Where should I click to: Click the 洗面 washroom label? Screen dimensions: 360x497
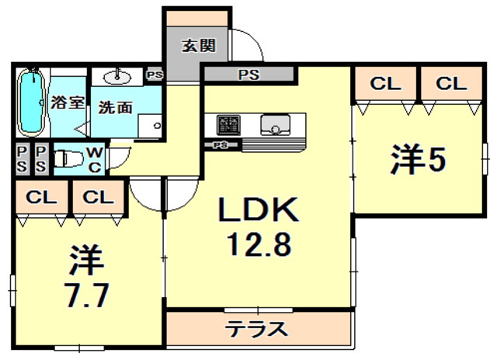(115, 108)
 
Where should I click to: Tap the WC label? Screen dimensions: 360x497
(93, 158)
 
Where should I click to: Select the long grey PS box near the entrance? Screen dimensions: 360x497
(248, 75)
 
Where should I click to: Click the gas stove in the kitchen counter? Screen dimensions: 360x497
(228, 124)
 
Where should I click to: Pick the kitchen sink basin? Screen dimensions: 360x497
(273, 123)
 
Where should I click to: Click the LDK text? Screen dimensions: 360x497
(257, 210)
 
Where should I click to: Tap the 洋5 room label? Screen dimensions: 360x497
(417, 161)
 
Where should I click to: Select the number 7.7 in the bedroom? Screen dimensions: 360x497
(86, 296)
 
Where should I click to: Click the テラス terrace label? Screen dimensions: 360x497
(257, 328)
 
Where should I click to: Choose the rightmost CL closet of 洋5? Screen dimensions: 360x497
(450, 84)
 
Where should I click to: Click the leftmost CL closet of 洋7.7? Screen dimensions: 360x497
(41, 197)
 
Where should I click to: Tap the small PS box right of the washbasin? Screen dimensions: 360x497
(155, 75)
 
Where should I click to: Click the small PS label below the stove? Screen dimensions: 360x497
(221, 145)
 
